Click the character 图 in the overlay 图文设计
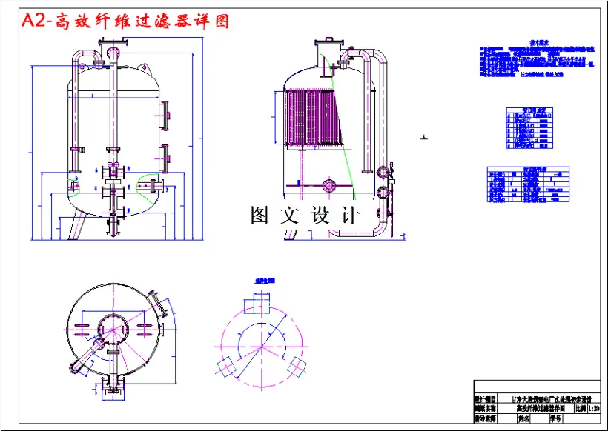pos(260,215)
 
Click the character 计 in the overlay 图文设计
pos(348,215)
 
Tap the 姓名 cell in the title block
pos(525,418)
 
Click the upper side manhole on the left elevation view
pos(165,113)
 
